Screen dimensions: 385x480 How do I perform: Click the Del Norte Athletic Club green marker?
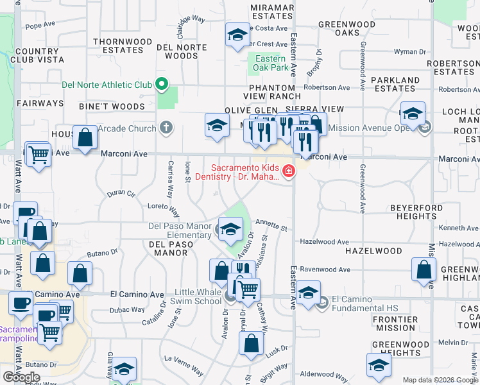click(x=162, y=85)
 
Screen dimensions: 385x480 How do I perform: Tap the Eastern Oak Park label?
click(x=269, y=63)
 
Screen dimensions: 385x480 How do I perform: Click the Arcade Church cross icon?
click(x=166, y=128)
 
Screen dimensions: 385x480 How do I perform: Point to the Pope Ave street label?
click(x=41, y=26)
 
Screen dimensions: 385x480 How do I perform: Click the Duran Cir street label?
click(x=121, y=193)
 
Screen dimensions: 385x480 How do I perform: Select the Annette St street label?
click(x=270, y=225)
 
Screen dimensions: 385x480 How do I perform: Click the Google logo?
click(x=21, y=377)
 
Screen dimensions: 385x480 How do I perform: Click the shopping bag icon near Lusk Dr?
click(x=251, y=344)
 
